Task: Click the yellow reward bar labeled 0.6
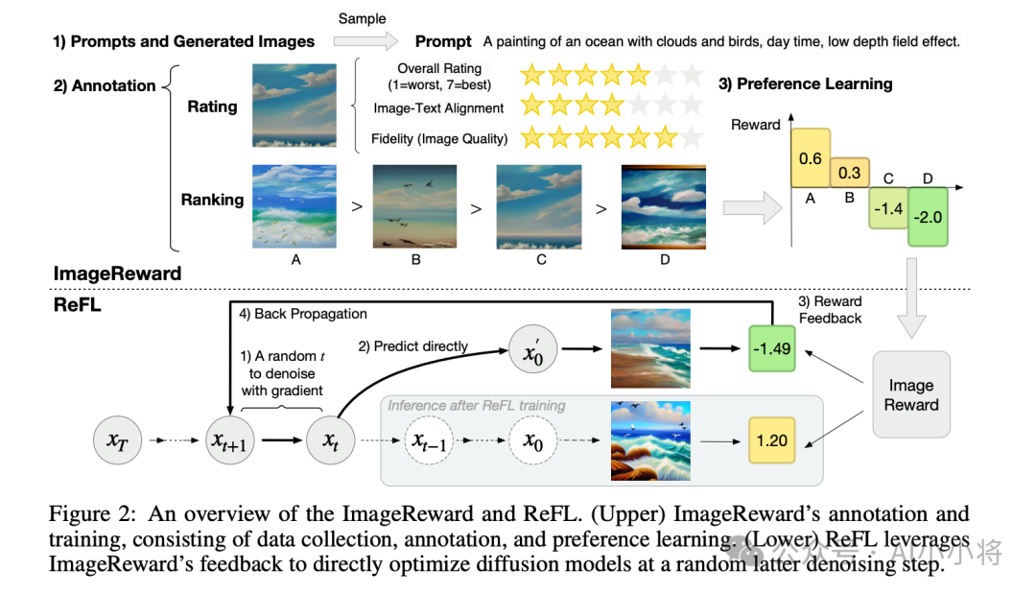pos(811,157)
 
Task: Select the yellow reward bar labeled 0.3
pos(849,173)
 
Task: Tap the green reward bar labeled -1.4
pos(888,207)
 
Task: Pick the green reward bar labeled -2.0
pos(928,217)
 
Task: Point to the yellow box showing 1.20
pos(772,440)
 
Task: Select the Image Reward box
pos(911,394)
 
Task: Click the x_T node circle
pos(117,441)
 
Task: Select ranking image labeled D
pos(663,207)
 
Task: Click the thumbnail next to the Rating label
pos(294,105)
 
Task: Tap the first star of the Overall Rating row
pos(532,75)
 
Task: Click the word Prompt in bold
pos(443,41)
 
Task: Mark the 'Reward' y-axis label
pos(756,125)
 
